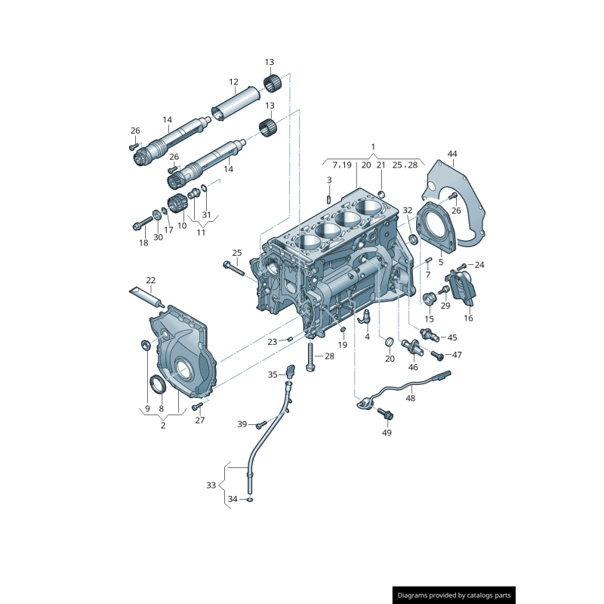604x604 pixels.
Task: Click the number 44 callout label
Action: [x=452, y=154]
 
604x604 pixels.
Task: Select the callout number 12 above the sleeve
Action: [x=233, y=82]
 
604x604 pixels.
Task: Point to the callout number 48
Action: [x=410, y=398]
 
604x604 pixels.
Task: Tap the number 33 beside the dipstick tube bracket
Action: [x=211, y=485]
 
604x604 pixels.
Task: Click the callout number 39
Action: [x=242, y=424]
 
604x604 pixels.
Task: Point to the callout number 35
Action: [x=273, y=374]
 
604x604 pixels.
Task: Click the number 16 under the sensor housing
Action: [x=468, y=319]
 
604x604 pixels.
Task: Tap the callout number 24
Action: [x=479, y=264]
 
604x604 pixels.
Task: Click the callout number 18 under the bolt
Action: [x=143, y=242]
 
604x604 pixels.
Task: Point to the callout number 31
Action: [x=206, y=214]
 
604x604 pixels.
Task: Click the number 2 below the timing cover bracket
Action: [x=162, y=425]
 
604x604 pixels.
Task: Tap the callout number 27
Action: [x=200, y=420]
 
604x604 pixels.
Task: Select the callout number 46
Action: [x=413, y=367]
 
